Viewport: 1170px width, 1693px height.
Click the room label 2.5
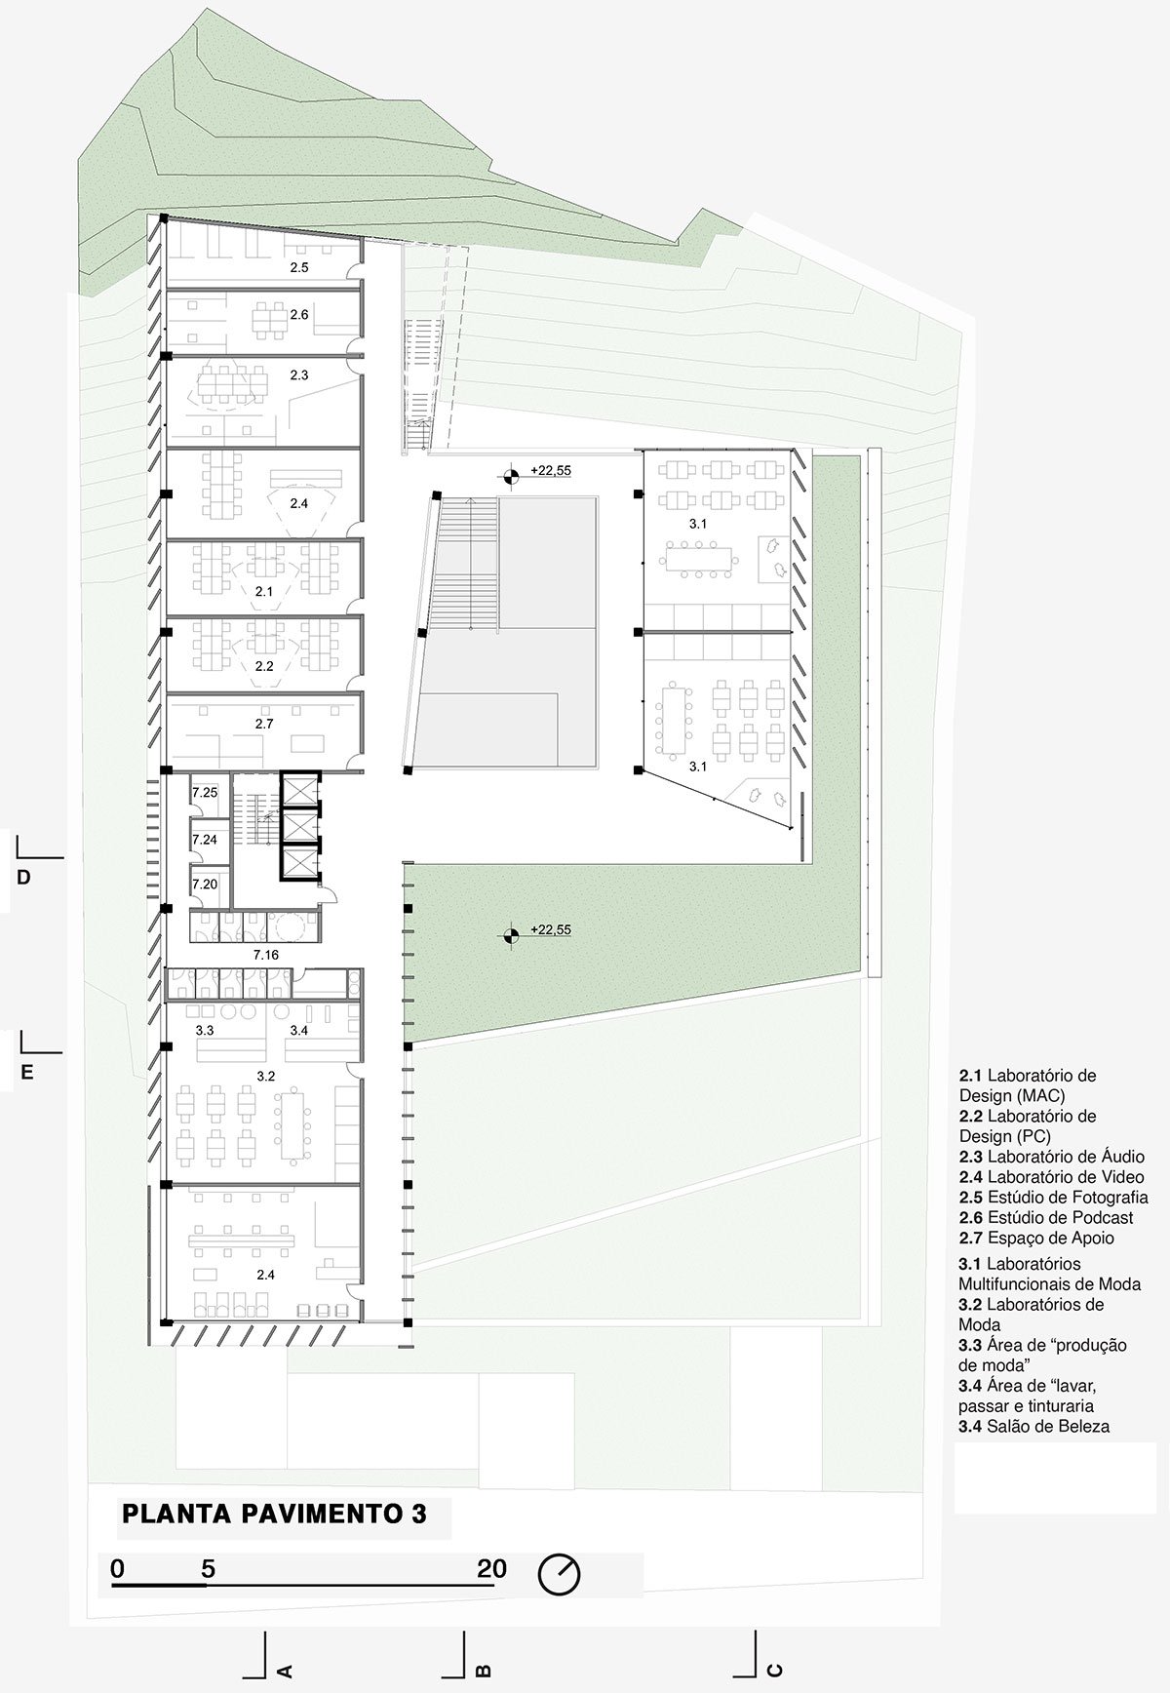pos(298,266)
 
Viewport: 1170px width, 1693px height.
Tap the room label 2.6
pos(299,314)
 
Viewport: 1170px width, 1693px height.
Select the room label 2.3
pos(299,374)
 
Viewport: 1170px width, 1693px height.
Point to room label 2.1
pos(264,591)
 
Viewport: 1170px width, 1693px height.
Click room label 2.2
pos(264,666)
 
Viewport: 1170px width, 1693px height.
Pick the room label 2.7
pos(264,724)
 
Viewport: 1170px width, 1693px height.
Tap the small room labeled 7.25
pos(205,793)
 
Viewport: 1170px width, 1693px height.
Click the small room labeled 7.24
pos(205,839)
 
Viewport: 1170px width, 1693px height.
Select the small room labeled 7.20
pos(205,884)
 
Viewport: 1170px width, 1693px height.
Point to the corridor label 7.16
pos(266,955)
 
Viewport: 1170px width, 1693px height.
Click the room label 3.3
pos(205,1030)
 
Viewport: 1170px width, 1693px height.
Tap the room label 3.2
pos(266,1076)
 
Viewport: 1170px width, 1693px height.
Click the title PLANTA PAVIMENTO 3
pos(274,1515)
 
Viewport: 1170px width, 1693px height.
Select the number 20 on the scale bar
pos(492,1568)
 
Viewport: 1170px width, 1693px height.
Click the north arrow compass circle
pos(560,1573)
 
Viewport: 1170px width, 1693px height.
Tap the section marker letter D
pos(24,878)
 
